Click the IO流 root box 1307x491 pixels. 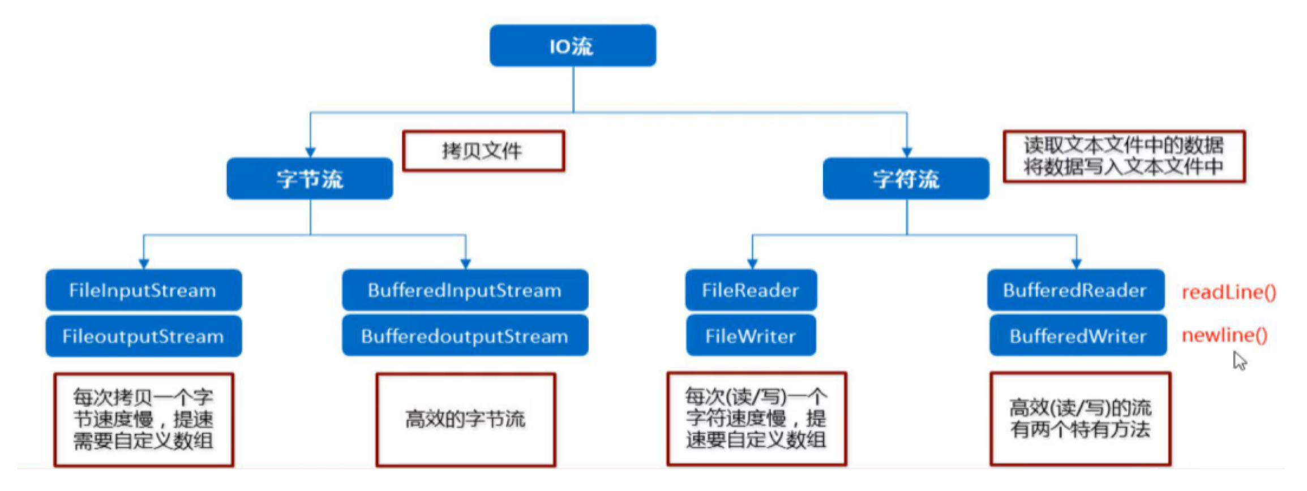(x=573, y=45)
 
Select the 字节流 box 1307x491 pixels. (x=310, y=179)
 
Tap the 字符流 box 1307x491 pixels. (x=906, y=179)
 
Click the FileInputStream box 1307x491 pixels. (x=144, y=290)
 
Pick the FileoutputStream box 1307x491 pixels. (x=144, y=336)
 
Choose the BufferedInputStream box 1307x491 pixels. (x=465, y=290)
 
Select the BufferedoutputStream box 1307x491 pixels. (x=465, y=335)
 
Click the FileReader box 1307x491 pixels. (x=751, y=290)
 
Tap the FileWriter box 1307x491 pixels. (x=751, y=335)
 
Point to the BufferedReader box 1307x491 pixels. (x=1076, y=290)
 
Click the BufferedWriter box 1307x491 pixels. (x=1078, y=335)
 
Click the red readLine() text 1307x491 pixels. (x=1229, y=292)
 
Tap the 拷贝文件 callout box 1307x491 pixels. (x=483, y=151)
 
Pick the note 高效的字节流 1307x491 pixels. (x=466, y=419)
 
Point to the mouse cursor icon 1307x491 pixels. (x=1240, y=360)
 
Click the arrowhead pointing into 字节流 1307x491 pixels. (x=310, y=152)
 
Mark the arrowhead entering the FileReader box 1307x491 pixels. (x=752, y=264)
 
